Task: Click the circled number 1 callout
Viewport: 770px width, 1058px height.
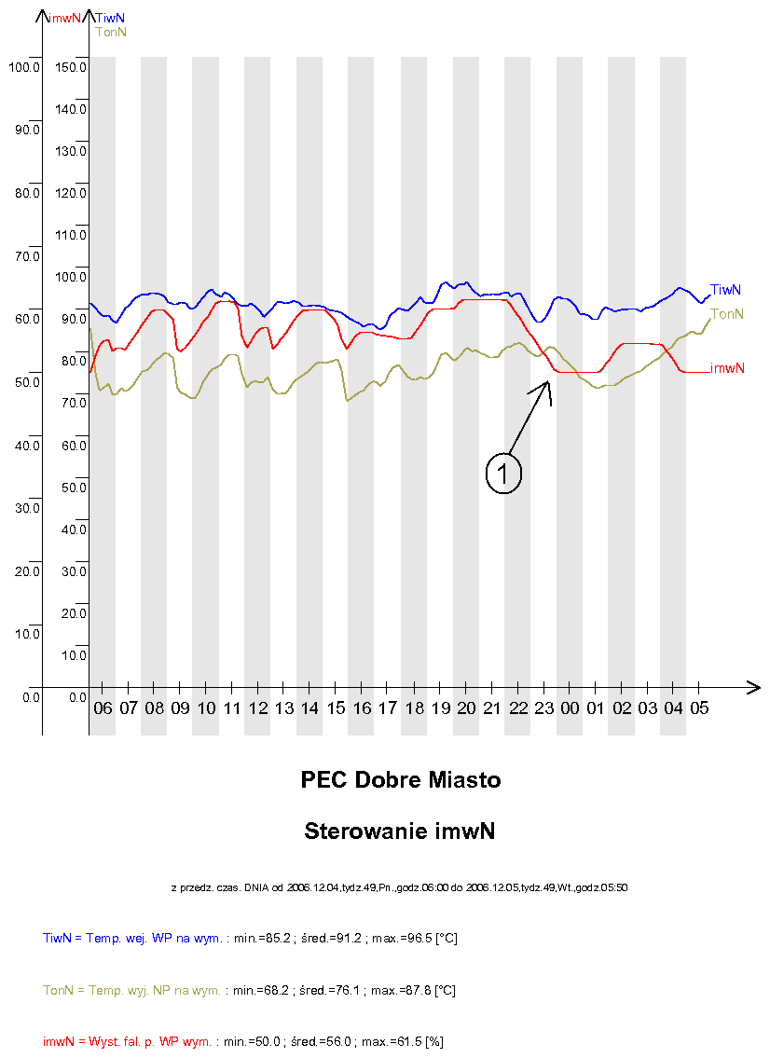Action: (502, 474)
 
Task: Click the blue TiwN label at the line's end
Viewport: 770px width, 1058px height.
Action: (725, 290)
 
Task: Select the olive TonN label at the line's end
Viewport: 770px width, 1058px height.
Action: (727, 314)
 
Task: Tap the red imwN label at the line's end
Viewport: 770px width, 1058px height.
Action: (727, 368)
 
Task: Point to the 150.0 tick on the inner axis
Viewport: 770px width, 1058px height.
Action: (71, 67)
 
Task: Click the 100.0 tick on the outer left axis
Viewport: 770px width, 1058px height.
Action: (22, 67)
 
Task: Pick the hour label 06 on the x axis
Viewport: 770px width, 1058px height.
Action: (103, 708)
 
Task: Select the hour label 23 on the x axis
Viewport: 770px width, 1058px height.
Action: (544, 708)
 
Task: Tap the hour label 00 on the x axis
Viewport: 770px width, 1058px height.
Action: (570, 708)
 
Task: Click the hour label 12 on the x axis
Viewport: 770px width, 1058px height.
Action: (258, 708)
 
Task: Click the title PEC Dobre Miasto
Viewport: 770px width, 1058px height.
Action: (401, 780)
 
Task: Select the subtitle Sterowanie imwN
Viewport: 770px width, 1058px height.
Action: (399, 831)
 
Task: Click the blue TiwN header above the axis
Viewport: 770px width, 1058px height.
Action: (110, 17)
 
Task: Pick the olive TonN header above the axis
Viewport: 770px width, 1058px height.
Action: (111, 32)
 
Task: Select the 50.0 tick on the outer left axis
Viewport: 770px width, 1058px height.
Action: (26, 382)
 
